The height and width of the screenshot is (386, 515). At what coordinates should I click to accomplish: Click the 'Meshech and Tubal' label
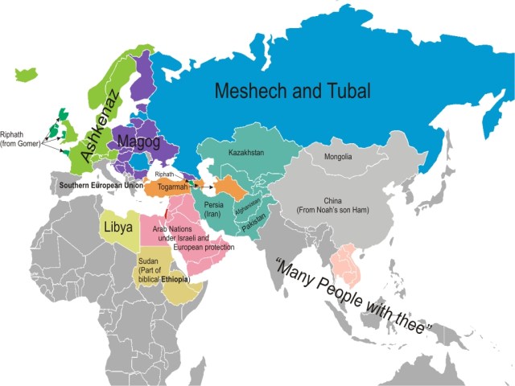(292, 91)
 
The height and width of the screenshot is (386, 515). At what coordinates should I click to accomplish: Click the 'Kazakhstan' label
(246, 152)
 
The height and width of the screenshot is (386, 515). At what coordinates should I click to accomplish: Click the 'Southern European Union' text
(101, 186)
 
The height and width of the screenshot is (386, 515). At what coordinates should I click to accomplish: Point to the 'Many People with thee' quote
(354, 298)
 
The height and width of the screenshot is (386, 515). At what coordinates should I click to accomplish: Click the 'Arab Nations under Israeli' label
(181, 239)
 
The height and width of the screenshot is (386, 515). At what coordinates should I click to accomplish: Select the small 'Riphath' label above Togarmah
(164, 174)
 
